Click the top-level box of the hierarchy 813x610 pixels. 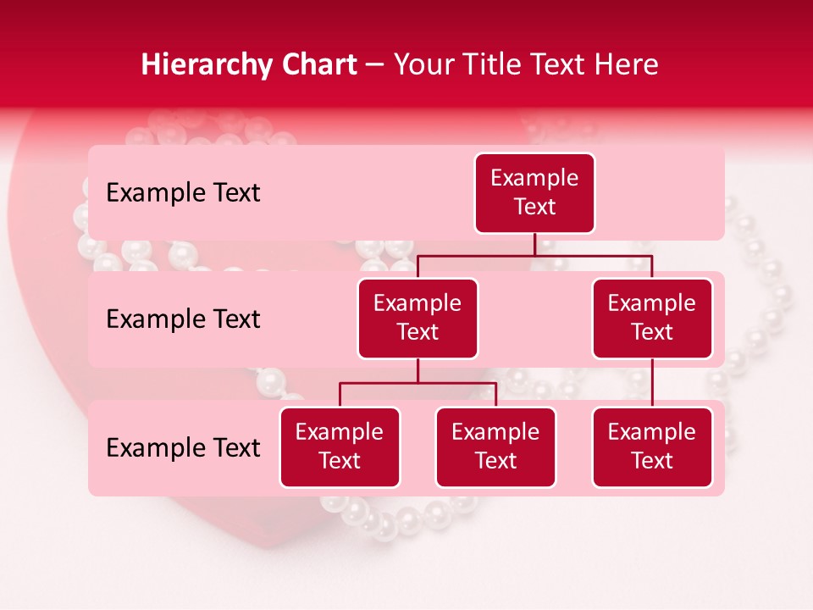534,192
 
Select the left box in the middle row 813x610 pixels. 418,318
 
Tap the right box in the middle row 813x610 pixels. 652,318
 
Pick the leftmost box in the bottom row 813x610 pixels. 340,446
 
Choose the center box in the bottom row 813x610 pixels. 495,446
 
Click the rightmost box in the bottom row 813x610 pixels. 652,446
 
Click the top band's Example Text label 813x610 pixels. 183,192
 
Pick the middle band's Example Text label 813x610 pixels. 183,319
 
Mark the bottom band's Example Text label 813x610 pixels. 183,447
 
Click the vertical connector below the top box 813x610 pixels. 534,244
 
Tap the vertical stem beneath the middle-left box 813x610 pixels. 418,371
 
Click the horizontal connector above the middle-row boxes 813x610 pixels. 534,255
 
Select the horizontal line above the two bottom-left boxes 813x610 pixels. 418,383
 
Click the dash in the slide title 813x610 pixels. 374,65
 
